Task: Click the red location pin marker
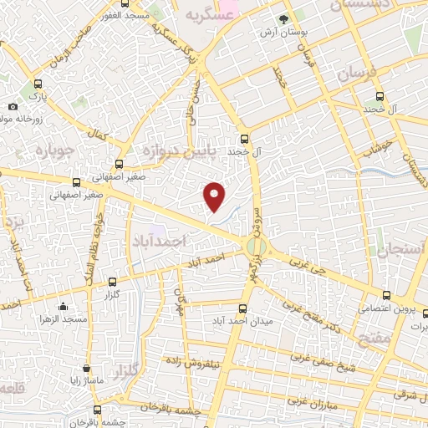click(x=215, y=195)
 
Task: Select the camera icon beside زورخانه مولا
click(x=13, y=106)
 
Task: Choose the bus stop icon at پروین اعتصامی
click(x=386, y=295)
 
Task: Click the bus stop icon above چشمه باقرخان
click(x=98, y=410)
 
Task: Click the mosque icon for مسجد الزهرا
click(x=63, y=307)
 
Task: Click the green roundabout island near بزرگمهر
click(x=257, y=247)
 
